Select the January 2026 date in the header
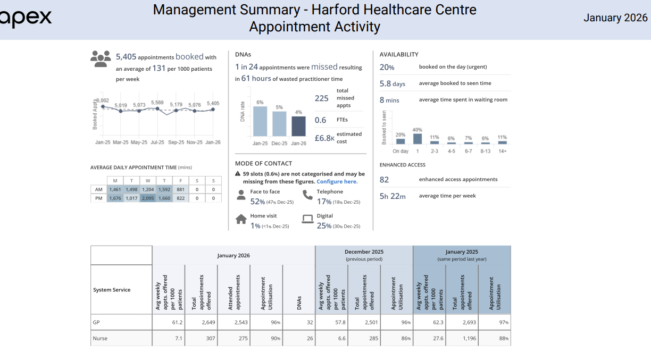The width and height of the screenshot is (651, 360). [x=615, y=18]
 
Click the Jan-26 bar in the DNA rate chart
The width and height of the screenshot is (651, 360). [x=298, y=126]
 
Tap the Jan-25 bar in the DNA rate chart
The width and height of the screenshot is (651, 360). [x=260, y=121]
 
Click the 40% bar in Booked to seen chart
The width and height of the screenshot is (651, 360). [x=418, y=138]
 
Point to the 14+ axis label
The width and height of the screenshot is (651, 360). [x=502, y=151]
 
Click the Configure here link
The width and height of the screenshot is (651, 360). [x=337, y=181]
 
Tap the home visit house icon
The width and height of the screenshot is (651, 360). [x=241, y=219]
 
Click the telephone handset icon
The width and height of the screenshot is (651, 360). [x=307, y=195]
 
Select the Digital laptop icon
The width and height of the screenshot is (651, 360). [x=307, y=219]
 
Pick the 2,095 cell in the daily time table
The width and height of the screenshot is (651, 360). [x=148, y=198]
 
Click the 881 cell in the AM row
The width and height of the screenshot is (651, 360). [x=181, y=189]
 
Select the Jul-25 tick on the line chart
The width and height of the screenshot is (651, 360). [x=157, y=143]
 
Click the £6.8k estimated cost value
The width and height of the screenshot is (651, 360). [x=324, y=138]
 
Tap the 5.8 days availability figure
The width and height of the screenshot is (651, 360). [x=393, y=83]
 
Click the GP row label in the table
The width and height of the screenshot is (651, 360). [x=96, y=322]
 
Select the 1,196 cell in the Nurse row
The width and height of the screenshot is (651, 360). [x=462, y=338]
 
